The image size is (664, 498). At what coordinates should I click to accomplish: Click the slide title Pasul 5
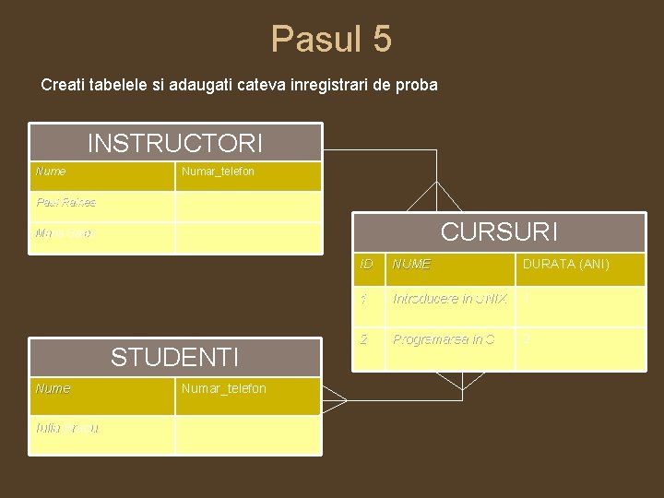coord(331,40)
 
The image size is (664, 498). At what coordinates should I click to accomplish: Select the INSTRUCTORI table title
coord(175,144)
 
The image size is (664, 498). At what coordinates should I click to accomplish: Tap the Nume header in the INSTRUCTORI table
coord(51,172)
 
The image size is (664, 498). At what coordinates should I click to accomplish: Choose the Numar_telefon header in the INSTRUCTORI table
coord(219,172)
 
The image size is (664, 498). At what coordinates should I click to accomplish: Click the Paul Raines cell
coord(65,202)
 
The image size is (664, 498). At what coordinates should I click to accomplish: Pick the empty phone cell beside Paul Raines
coord(248,205)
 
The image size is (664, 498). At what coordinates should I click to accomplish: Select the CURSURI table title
coord(499,231)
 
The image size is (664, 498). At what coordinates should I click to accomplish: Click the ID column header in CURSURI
coord(366,265)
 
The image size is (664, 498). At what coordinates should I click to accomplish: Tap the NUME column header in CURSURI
coord(411,265)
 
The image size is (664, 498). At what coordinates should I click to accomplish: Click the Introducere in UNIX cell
coord(450,300)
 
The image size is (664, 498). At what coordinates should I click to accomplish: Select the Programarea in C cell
coord(444,339)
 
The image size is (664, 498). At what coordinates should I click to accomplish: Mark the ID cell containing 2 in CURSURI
coord(365,339)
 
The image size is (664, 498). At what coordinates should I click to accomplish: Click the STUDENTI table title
coord(175,357)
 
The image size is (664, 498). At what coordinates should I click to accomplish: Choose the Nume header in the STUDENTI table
coord(53,388)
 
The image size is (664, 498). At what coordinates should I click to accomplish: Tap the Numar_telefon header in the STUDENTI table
coord(224,388)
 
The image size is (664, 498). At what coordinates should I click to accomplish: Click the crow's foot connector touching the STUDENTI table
coord(334,401)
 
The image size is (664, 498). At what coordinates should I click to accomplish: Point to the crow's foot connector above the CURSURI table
coord(434,197)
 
